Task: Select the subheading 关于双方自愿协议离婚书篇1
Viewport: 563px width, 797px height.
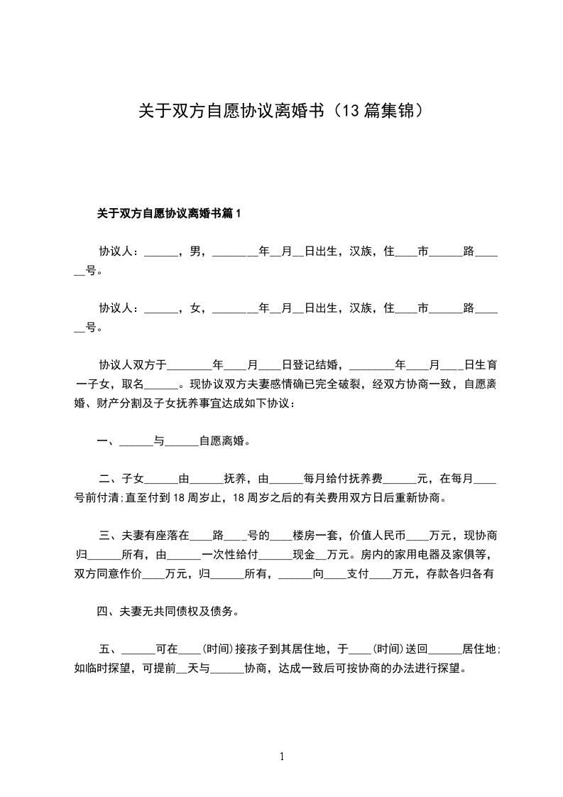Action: click(170, 213)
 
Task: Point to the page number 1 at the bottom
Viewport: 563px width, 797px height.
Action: click(282, 757)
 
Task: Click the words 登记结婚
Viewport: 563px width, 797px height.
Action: click(315, 365)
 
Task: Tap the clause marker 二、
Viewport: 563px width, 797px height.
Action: click(110, 479)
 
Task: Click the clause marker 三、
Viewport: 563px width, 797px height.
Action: click(110, 536)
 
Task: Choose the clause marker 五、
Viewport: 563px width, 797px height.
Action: click(110, 649)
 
